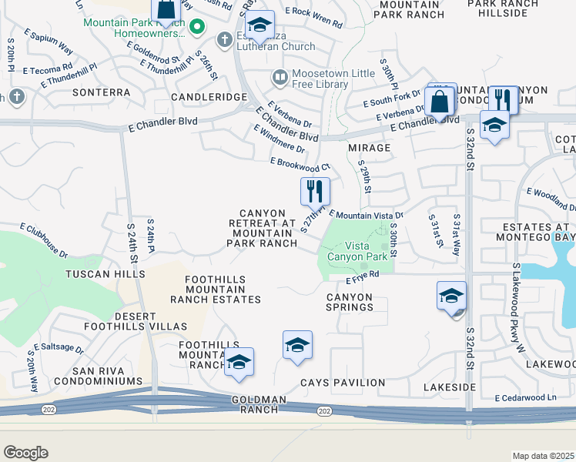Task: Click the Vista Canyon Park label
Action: pyautogui.click(x=357, y=250)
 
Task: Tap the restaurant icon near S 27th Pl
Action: pyautogui.click(x=314, y=190)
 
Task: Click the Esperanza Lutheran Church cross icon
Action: pyautogui.click(x=224, y=38)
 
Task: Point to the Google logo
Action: pyautogui.click(x=25, y=453)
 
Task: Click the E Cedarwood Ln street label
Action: pyautogui.click(x=525, y=397)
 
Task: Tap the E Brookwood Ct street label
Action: pyautogui.click(x=300, y=164)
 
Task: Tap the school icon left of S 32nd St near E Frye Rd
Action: pyautogui.click(x=451, y=296)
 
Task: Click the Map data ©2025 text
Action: pyautogui.click(x=543, y=456)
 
